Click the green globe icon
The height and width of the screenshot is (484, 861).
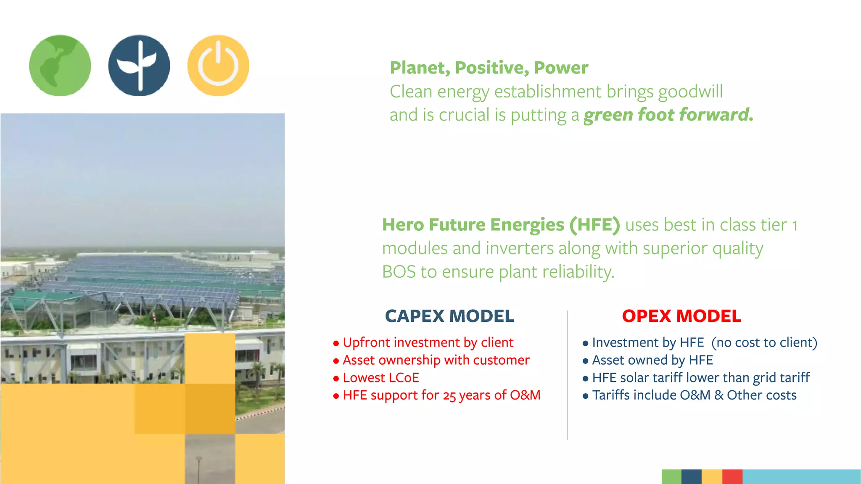[60, 66]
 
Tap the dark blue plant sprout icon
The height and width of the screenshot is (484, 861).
[139, 66]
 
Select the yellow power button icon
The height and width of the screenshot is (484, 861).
[218, 66]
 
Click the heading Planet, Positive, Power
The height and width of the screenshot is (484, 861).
[489, 68]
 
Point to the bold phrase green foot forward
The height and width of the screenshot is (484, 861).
[668, 115]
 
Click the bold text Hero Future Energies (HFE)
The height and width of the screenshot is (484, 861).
[500, 225]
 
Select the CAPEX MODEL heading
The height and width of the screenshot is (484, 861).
[449, 316]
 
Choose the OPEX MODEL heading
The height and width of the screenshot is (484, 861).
[681, 316]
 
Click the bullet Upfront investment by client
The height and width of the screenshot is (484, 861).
[428, 342]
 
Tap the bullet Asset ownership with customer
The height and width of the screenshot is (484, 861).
[436, 360]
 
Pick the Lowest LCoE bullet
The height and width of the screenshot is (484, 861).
[380, 378]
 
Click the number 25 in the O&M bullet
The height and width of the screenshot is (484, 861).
[449, 396]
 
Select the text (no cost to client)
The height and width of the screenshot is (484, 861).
[764, 342]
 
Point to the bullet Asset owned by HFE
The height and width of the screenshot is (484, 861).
[652, 360]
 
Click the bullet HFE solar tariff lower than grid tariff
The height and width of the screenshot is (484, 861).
[700, 378]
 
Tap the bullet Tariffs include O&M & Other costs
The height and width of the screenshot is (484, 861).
[694, 395]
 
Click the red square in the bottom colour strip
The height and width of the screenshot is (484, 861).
[732, 476]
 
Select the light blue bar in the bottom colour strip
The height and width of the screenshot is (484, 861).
[801, 476]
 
